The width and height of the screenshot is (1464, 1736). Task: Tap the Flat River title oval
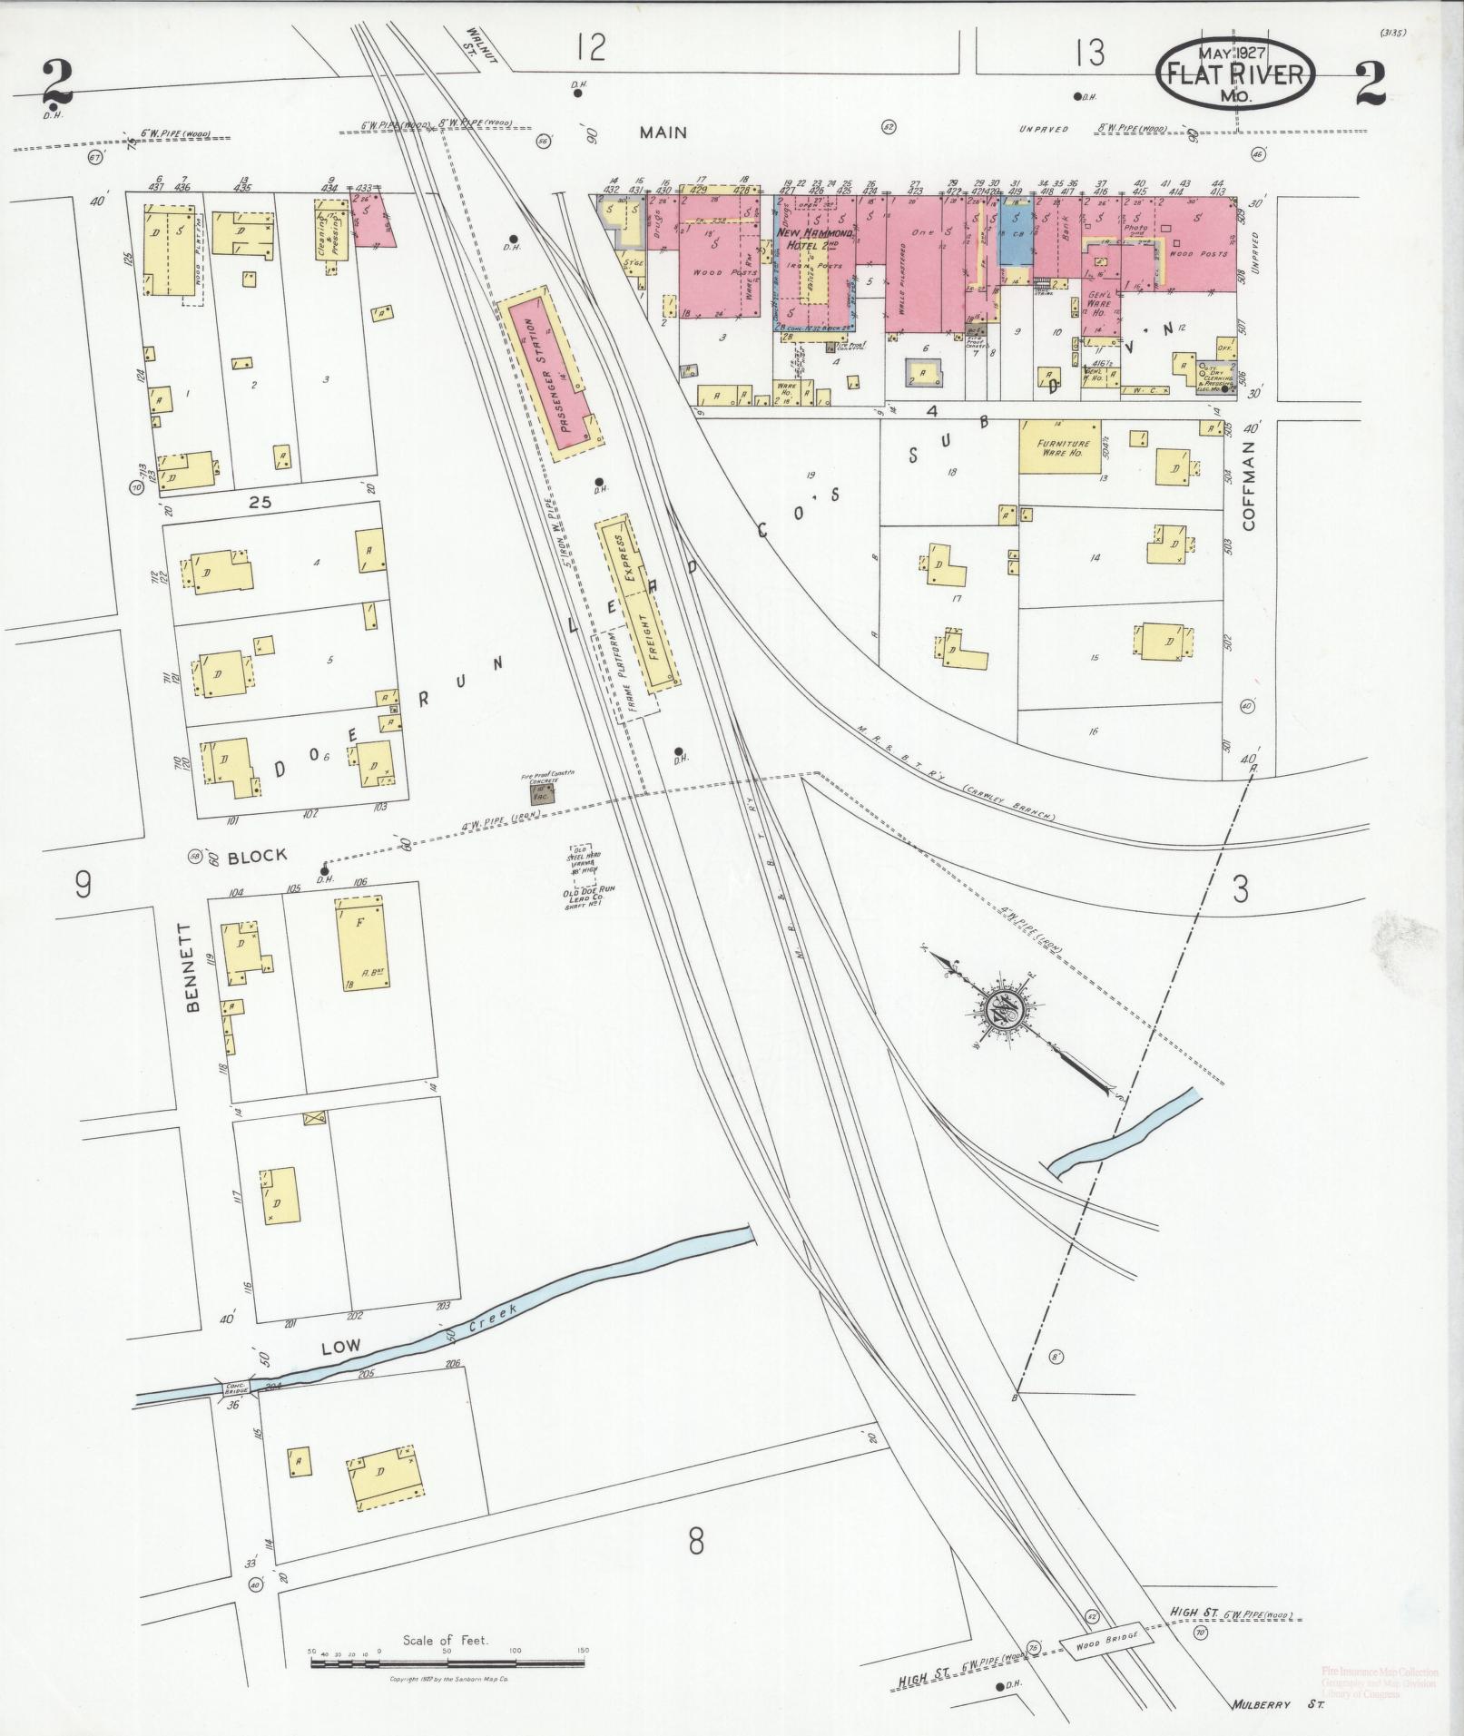click(1234, 74)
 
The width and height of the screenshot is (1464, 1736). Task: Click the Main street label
click(663, 132)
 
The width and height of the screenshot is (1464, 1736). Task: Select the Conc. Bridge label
click(235, 1413)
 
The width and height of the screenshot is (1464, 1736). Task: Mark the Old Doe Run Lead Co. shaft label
click(589, 897)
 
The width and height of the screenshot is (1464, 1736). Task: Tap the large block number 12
click(590, 47)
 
